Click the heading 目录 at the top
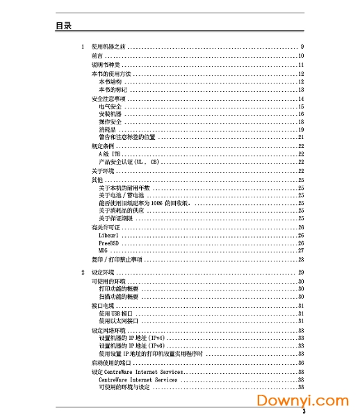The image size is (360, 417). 64,26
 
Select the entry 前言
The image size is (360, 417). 97,56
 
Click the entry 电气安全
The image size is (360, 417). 110,106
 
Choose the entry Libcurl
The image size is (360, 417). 109,236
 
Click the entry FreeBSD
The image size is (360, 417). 109,243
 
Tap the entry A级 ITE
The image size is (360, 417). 109,154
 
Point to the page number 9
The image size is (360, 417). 302,47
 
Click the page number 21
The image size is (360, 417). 301,137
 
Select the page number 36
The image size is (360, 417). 301,362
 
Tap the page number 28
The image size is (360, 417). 301,259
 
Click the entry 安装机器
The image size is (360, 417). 110,114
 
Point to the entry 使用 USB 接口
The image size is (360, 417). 115,313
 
